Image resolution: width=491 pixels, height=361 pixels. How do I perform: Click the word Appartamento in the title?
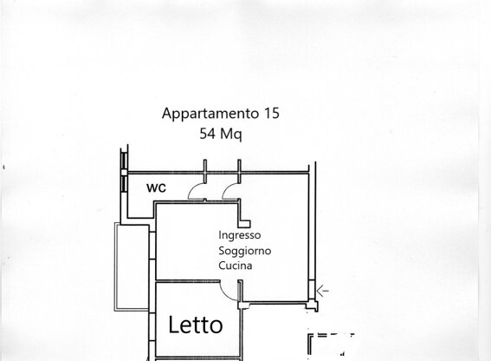click(210, 114)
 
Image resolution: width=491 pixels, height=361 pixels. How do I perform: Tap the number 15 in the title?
click(272, 113)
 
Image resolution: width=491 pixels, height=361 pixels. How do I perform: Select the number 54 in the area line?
click(208, 134)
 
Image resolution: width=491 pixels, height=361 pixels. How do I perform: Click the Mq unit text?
click(231, 135)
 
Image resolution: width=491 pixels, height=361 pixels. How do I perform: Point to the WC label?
click(156, 187)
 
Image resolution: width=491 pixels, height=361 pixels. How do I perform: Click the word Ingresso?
click(240, 235)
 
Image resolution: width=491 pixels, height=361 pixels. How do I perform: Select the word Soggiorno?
click(244, 251)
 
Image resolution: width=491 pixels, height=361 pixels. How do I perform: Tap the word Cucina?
click(236, 266)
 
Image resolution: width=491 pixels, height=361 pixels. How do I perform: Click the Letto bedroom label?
click(196, 325)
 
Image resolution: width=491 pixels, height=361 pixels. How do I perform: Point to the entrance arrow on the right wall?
click(322, 291)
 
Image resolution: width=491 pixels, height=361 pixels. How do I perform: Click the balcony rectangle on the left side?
click(115, 266)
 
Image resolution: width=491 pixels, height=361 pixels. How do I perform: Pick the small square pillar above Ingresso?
click(244, 224)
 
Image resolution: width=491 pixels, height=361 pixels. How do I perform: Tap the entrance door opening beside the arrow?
click(312, 291)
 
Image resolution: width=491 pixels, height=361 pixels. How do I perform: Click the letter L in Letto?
click(173, 325)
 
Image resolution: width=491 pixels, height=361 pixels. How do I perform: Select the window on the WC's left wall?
click(125, 172)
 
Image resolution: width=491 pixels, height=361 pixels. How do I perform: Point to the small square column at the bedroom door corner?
click(242, 305)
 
